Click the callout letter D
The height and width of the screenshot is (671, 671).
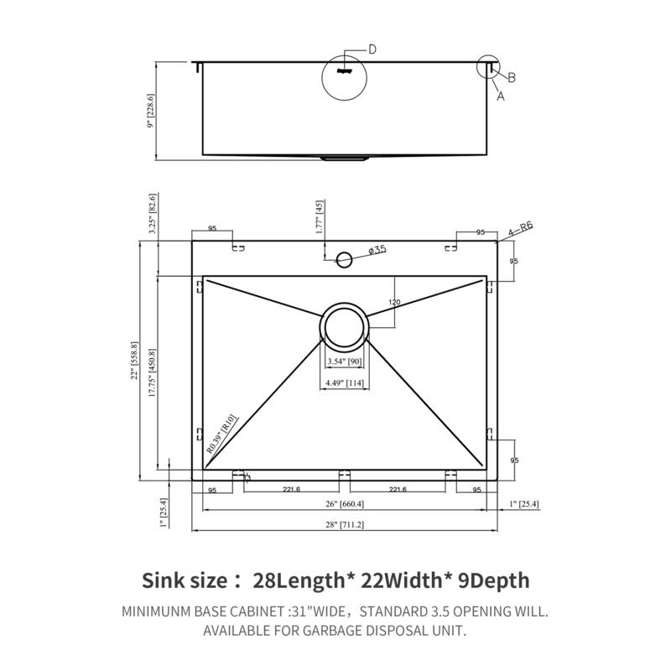point(372,49)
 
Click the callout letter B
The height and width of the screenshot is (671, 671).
point(512,78)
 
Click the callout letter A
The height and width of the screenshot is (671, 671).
point(501,96)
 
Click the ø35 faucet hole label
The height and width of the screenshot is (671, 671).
point(377,249)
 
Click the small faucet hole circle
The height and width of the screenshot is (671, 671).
point(344,257)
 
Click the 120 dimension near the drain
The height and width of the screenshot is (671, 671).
point(394,302)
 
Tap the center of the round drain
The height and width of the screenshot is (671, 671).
point(343,325)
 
